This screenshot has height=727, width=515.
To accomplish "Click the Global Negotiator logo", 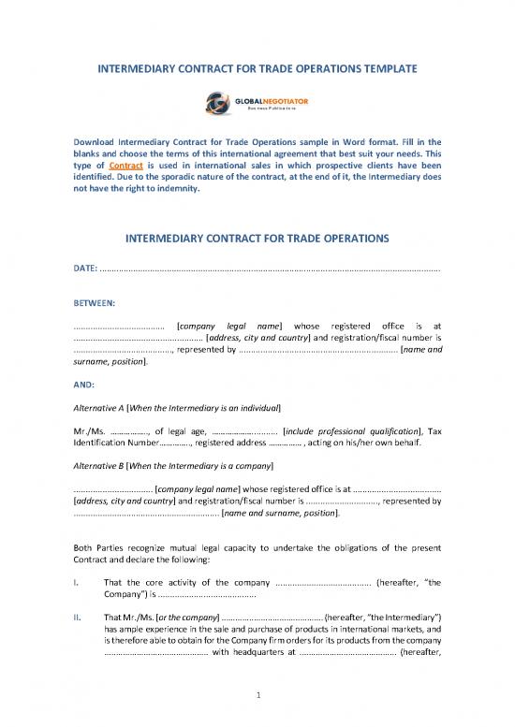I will tap(257, 101).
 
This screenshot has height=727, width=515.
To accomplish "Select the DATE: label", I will tap(84, 269).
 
